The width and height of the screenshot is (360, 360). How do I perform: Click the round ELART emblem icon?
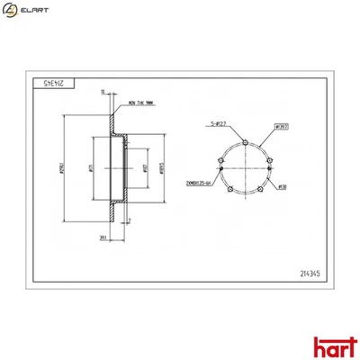(x=11, y=10)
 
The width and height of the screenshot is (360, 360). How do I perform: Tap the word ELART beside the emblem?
(x=35, y=10)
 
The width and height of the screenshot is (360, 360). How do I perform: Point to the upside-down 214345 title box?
(x=56, y=80)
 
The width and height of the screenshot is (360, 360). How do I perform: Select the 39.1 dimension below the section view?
(x=104, y=238)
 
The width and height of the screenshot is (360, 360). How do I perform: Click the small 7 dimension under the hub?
(x=129, y=220)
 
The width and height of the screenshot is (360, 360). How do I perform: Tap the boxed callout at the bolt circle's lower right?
(x=280, y=187)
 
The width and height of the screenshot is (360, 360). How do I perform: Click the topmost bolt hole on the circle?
(x=246, y=141)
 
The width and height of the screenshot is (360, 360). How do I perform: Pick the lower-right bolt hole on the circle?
(x=261, y=187)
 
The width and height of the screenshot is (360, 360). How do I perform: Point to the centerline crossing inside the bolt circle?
(x=246, y=167)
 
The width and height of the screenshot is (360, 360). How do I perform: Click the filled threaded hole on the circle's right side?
(x=270, y=163)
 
